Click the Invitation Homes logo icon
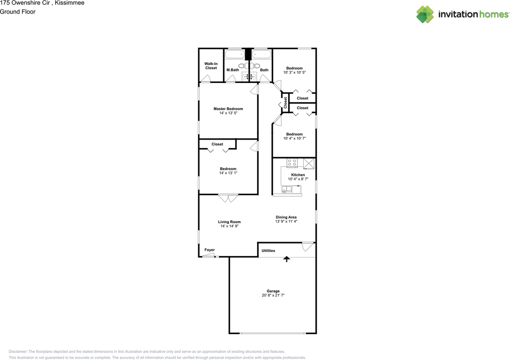(425, 14)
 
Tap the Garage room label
(273, 291)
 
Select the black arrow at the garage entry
(286, 259)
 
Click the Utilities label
(268, 251)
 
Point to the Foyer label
(210, 250)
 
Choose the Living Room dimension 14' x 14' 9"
(229, 226)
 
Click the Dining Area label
(286, 217)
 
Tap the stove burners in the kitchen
(292, 163)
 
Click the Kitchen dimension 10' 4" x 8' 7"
(298, 179)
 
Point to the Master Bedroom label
(228, 109)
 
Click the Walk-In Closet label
(211, 66)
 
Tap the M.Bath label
(233, 70)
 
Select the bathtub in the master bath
(234, 54)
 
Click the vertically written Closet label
(285, 102)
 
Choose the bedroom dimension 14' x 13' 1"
(228, 173)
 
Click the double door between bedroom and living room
(228, 198)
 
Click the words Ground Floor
(18, 12)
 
